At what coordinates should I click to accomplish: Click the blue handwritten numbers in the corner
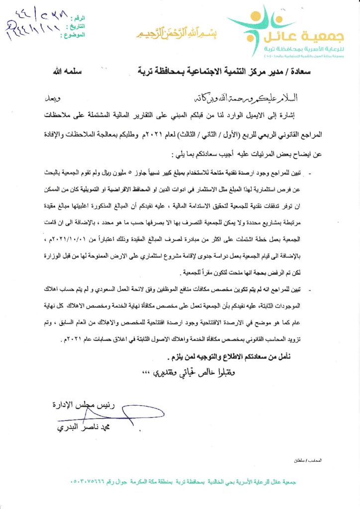coord(35,25)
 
